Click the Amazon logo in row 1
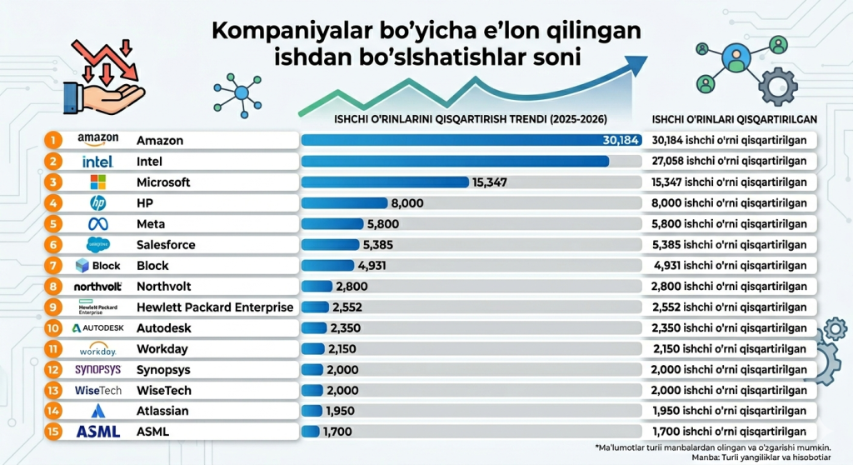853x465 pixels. (98, 139)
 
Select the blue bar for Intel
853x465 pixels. (455, 161)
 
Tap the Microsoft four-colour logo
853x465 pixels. (98, 182)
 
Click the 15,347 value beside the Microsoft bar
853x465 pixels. (490, 182)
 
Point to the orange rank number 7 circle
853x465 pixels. (52, 265)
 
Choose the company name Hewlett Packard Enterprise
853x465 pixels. (215, 307)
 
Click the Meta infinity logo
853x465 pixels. (98, 223)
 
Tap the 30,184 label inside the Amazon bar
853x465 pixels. (620, 140)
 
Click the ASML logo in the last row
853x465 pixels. (98, 431)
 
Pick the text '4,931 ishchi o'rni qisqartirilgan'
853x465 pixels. (730, 265)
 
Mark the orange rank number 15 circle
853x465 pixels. (52, 431)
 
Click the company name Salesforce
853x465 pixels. (166, 244)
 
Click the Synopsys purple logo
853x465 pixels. (98, 368)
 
